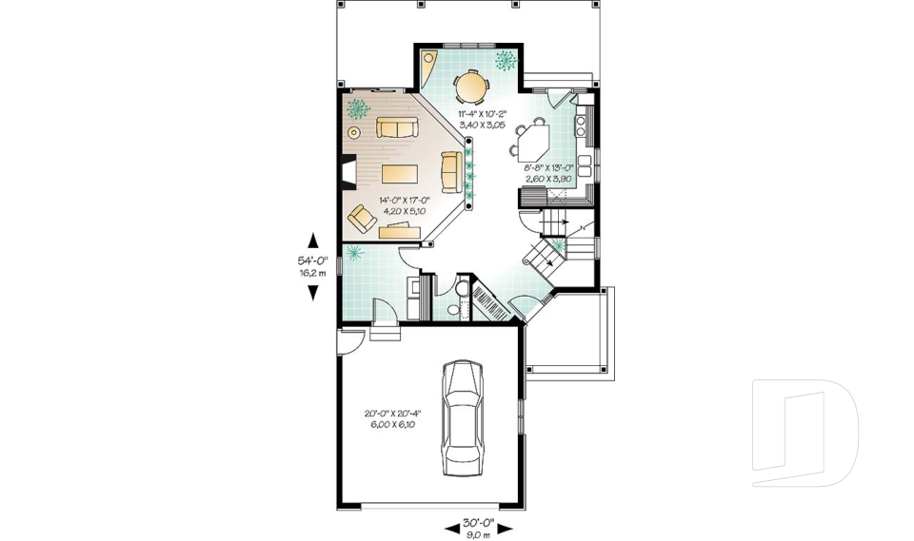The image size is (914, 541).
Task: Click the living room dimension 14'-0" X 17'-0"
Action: coord(405,205)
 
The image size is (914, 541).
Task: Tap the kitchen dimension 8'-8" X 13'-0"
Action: coord(548,173)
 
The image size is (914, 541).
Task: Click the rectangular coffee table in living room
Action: coord(400,173)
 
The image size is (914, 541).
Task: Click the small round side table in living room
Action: coord(354,133)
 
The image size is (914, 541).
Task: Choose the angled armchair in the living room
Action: coord(363,218)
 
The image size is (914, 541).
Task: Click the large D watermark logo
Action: coord(805,427)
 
